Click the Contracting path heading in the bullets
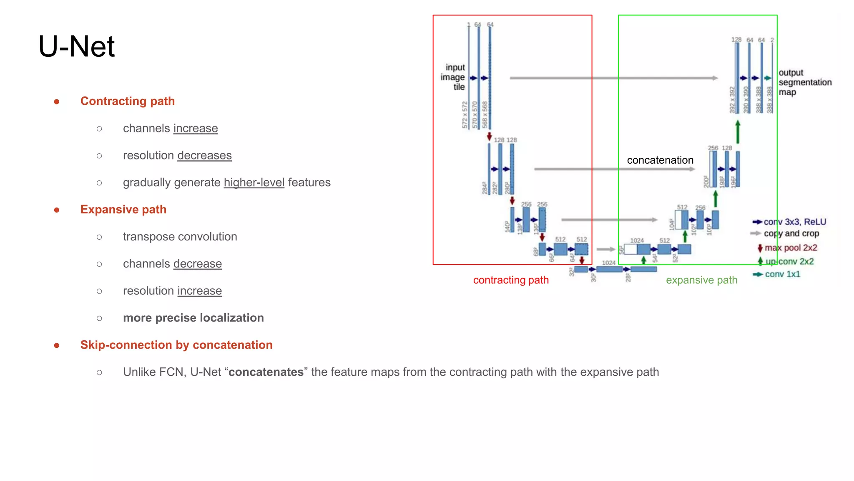click(x=127, y=101)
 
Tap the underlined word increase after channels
click(x=195, y=128)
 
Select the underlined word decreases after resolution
click(x=204, y=155)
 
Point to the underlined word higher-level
click(x=254, y=182)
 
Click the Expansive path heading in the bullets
click(x=123, y=210)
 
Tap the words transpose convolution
click(x=180, y=237)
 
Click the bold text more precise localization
click(x=193, y=318)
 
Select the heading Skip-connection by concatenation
click(x=176, y=345)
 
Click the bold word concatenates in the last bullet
click(x=266, y=372)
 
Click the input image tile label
click(x=453, y=77)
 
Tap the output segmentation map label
click(x=804, y=82)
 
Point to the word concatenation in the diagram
click(x=660, y=160)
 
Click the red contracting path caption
click(x=510, y=280)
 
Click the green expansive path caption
click(x=701, y=280)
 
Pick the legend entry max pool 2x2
click(x=790, y=248)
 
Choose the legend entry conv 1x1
click(x=782, y=274)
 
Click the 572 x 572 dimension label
click(x=465, y=115)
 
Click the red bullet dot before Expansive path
click(x=57, y=210)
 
